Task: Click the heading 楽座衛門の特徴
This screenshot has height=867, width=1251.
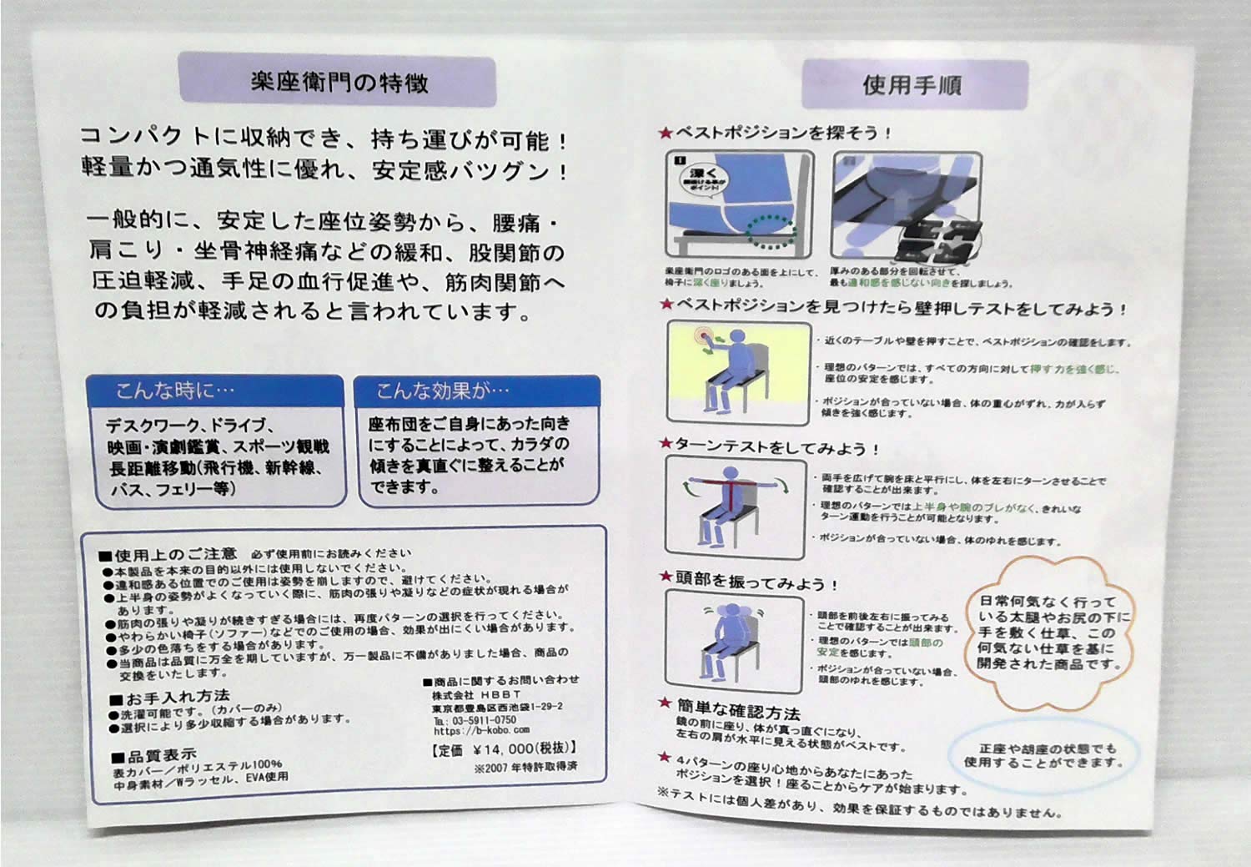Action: (338, 82)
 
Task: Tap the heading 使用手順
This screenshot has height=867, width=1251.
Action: (912, 84)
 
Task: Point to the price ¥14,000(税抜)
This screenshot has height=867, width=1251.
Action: (505, 749)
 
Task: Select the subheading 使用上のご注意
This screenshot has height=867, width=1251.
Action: (175, 554)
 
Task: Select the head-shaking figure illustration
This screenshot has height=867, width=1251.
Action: (732, 638)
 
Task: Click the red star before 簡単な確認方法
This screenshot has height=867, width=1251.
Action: (665, 703)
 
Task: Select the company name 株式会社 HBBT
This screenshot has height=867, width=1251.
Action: (475, 693)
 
